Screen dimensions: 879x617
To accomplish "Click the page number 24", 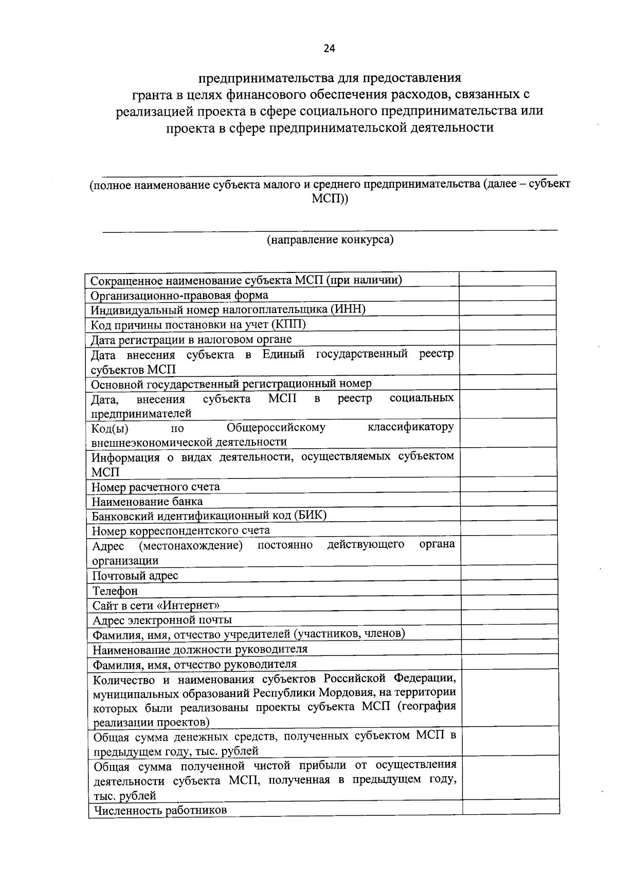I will tap(329, 48).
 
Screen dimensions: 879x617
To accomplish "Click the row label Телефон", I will tap(115, 591).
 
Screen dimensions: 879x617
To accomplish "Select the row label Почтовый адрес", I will tap(135, 576).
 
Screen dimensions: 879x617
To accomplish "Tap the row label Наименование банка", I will tap(147, 501).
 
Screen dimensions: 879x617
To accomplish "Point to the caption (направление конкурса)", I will tap(330, 240).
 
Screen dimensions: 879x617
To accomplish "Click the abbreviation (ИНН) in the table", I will tap(348, 309).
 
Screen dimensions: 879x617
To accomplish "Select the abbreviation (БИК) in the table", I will tap(310, 516).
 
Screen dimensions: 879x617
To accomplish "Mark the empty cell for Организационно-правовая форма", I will tap(507, 294).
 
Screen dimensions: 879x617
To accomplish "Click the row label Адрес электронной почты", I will tap(162, 620).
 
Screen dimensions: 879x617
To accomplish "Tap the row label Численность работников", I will tap(159, 811).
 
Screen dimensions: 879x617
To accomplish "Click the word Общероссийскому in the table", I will tap(276, 428).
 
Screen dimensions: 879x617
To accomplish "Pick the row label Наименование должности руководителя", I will tap(200, 649).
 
